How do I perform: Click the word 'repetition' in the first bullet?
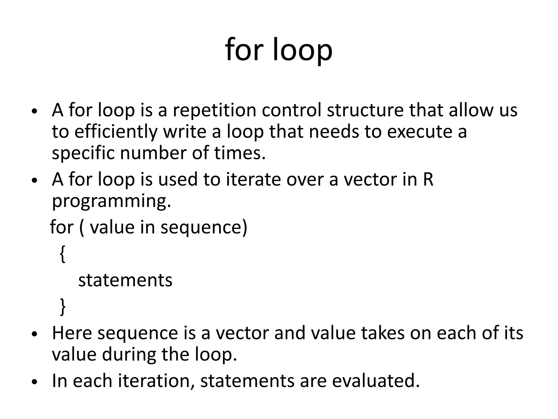(x=214, y=110)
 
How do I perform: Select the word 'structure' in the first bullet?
(x=365, y=110)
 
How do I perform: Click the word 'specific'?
(x=83, y=153)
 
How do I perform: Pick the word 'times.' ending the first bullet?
(x=240, y=153)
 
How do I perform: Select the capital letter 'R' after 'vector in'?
(x=428, y=180)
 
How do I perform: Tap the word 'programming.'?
(x=111, y=201)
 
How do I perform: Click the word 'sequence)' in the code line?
(x=204, y=227)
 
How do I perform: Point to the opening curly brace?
(x=62, y=254)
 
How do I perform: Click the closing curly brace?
(x=63, y=307)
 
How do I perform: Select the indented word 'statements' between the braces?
(x=125, y=280)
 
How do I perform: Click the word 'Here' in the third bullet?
(x=72, y=333)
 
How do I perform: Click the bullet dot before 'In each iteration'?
(x=34, y=382)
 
